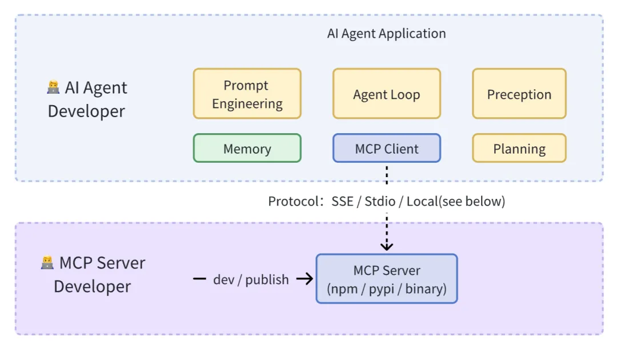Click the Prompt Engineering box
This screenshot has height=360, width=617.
[x=247, y=94]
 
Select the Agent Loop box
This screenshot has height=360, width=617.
[x=386, y=94]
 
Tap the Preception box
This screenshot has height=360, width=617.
[x=519, y=94]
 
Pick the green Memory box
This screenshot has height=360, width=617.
[x=247, y=149]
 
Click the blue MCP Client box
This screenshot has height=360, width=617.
[x=386, y=149]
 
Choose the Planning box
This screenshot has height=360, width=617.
[x=519, y=149]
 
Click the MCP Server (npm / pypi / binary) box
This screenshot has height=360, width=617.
[x=386, y=279]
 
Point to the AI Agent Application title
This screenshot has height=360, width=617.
[x=386, y=33]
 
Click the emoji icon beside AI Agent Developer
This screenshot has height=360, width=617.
[x=53, y=87]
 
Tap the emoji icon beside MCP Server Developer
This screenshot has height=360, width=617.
[x=47, y=263]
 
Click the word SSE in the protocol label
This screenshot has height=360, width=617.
[x=342, y=201]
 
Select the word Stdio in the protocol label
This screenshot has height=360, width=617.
[x=379, y=201]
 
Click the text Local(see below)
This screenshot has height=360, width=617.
[x=455, y=201]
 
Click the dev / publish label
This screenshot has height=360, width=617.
[x=251, y=279]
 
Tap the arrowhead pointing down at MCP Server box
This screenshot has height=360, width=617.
[x=387, y=246]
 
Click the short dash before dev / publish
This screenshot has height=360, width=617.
[x=199, y=279]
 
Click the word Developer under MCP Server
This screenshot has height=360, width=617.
[x=92, y=286]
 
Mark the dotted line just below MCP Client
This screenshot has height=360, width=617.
[x=387, y=174]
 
